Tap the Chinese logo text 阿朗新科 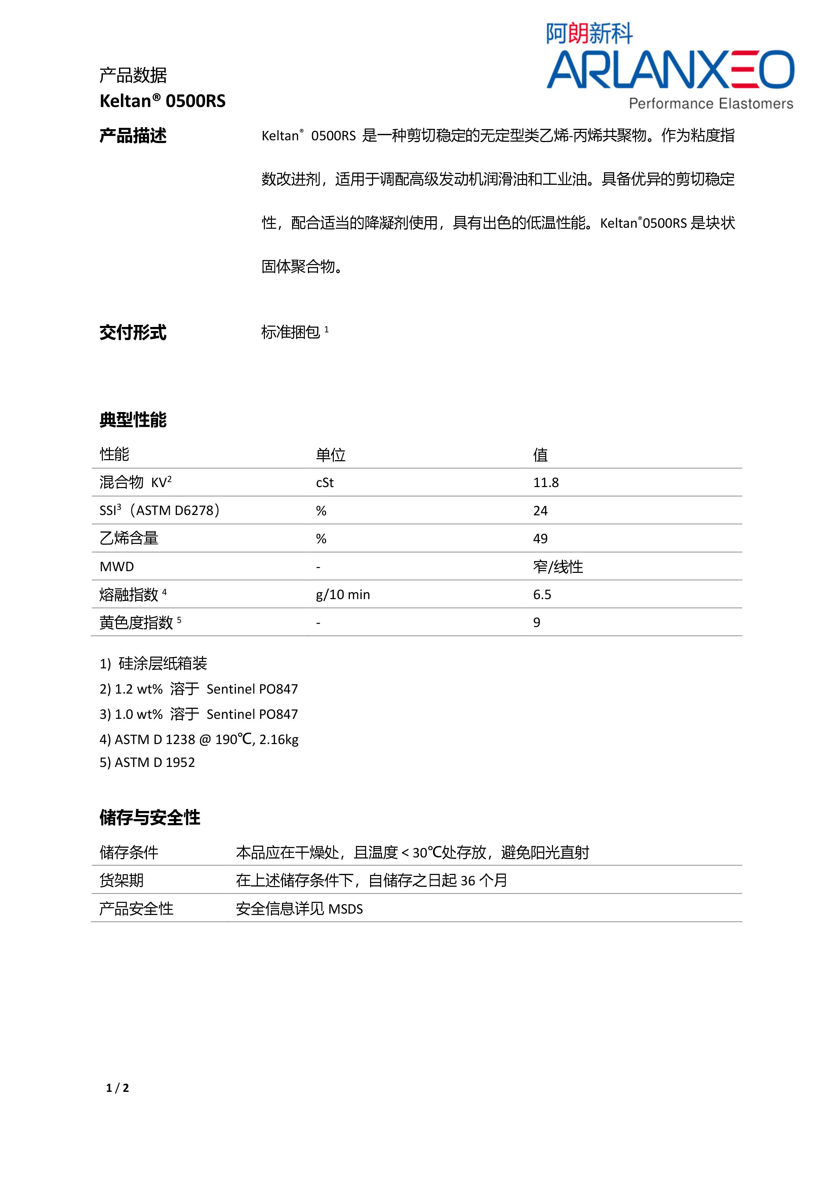click(589, 34)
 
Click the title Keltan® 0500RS click(162, 101)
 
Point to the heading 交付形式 click(133, 333)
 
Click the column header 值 click(540, 454)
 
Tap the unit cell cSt click(325, 483)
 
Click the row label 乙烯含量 click(129, 538)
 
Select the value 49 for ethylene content click(540, 539)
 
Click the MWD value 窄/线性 click(558, 566)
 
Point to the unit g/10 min click(343, 595)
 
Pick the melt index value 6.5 click(542, 595)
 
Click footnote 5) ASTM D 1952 click(147, 762)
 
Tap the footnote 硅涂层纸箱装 click(162, 663)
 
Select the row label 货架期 click(122, 880)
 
